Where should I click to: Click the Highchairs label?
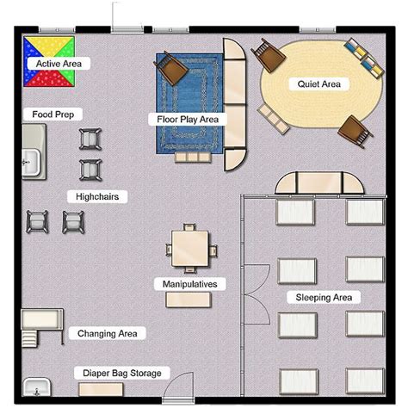(x=98, y=197)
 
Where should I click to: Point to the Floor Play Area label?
(x=188, y=120)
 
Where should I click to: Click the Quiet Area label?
(x=319, y=84)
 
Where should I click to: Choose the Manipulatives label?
(x=189, y=283)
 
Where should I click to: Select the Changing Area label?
(x=106, y=333)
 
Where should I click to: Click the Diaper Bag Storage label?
(x=122, y=374)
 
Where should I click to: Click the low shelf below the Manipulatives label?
(x=189, y=300)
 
